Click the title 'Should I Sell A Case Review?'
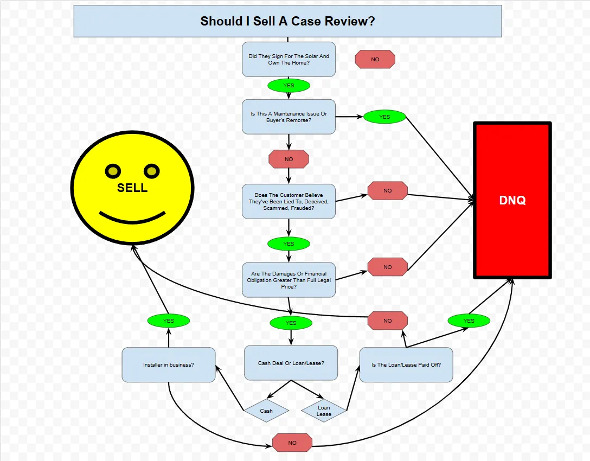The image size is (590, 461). point(287,21)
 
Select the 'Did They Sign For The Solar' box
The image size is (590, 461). point(288,59)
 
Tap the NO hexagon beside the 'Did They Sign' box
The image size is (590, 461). point(375,59)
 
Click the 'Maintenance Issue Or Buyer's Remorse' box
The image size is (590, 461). point(288,117)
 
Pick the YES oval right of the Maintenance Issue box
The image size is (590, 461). point(384,117)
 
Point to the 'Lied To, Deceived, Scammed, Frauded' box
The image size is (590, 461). point(288,201)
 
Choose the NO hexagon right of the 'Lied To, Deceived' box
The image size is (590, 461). point(387,190)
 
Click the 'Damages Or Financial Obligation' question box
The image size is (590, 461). point(288,280)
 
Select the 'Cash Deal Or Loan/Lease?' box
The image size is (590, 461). point(291,363)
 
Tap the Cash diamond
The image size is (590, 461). point(266,411)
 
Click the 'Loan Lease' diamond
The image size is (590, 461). point(324,411)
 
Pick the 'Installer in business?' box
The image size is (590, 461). point(169,364)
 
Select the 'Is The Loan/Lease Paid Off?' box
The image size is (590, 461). point(406,364)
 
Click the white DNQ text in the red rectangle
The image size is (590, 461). point(512,200)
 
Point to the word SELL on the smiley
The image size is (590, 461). point(132,188)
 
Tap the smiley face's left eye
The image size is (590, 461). point(112,171)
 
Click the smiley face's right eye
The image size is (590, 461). point(152,171)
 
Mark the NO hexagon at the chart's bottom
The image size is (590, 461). point(292,443)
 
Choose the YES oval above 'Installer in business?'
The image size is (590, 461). point(169,321)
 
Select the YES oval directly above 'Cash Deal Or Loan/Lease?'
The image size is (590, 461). point(291,323)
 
